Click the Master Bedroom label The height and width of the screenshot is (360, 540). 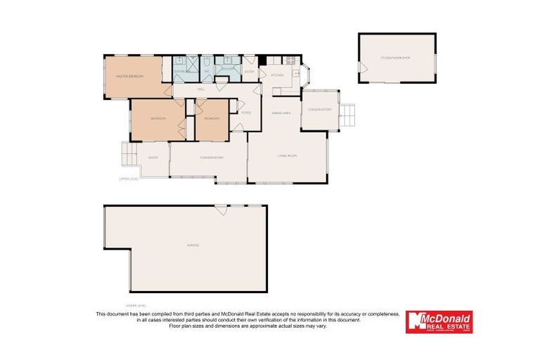tap(129, 75)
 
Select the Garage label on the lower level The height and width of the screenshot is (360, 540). tap(192, 245)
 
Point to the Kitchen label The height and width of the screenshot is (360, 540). tap(277, 75)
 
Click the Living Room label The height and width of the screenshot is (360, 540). tap(286, 155)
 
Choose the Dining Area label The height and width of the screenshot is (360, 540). tap(281, 112)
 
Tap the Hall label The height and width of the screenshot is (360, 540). tap(201, 90)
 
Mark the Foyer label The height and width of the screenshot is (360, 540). tap(246, 112)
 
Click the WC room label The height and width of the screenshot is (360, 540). tap(207, 72)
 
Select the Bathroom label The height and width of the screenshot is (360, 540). tap(181, 72)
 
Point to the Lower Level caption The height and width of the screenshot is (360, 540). tap(135, 305)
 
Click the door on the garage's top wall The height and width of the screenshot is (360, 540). tap(221, 209)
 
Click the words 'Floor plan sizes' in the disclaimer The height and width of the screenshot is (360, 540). tap(188, 326)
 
